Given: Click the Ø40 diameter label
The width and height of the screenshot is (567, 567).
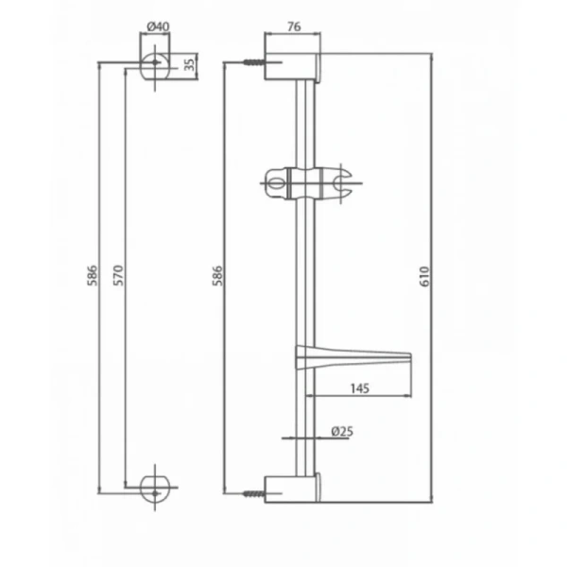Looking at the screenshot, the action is point(159,26).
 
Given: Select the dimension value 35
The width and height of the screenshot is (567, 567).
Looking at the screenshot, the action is point(189,64).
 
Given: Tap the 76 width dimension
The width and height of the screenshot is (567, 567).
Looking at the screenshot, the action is point(294,26).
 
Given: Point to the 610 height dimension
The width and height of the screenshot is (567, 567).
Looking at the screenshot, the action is point(425,277).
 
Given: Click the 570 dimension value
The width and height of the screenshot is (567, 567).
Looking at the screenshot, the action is point(118,276).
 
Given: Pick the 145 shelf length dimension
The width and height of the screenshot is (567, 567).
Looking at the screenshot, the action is point(360,388).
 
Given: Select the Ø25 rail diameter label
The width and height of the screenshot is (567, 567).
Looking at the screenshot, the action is point(342,431).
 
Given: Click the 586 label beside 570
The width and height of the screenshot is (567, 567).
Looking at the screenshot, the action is point(93,276).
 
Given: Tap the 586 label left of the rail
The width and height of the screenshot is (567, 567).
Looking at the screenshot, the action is point(217,276).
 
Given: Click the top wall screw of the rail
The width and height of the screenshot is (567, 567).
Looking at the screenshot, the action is point(254,62).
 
